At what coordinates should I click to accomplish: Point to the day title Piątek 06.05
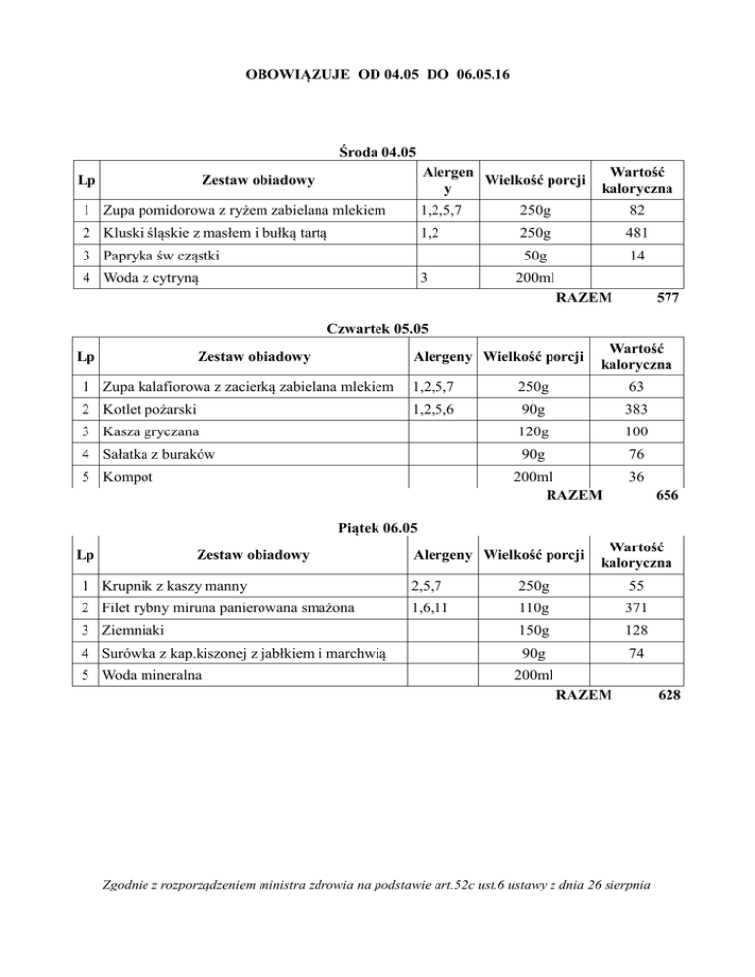(377, 527)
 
